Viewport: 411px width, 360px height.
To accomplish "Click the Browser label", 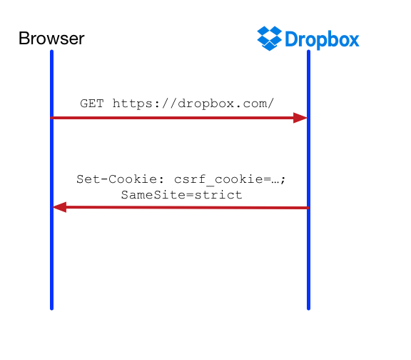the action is [51, 39].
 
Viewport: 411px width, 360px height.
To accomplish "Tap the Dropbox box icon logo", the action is [269, 39].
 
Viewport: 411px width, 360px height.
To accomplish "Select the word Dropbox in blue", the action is [322, 39].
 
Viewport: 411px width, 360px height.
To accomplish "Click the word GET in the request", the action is [92, 104].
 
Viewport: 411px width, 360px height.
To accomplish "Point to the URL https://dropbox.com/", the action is [193, 104].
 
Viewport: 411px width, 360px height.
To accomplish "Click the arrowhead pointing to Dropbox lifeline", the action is [300, 118].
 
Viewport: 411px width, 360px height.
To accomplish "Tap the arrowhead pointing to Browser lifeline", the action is [59, 207].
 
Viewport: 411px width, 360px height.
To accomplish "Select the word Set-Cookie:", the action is [121, 179].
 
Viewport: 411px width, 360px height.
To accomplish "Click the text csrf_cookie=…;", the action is [230, 179].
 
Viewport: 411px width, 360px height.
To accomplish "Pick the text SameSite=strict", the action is [181, 195].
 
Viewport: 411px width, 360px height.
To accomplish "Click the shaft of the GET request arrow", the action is [172, 118].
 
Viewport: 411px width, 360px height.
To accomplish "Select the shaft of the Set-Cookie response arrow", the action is [188, 208].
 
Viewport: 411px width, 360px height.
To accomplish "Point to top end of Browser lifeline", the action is [51, 51].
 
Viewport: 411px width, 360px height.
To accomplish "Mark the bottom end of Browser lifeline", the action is [51, 309].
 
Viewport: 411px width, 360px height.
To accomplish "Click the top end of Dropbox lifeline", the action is [308, 51].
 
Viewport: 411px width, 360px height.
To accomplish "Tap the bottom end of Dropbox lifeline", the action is [308, 309].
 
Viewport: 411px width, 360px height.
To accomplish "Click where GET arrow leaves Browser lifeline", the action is [52, 118].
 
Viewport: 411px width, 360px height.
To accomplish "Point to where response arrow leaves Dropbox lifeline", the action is [308, 208].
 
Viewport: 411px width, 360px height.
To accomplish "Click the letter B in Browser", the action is [24, 39].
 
